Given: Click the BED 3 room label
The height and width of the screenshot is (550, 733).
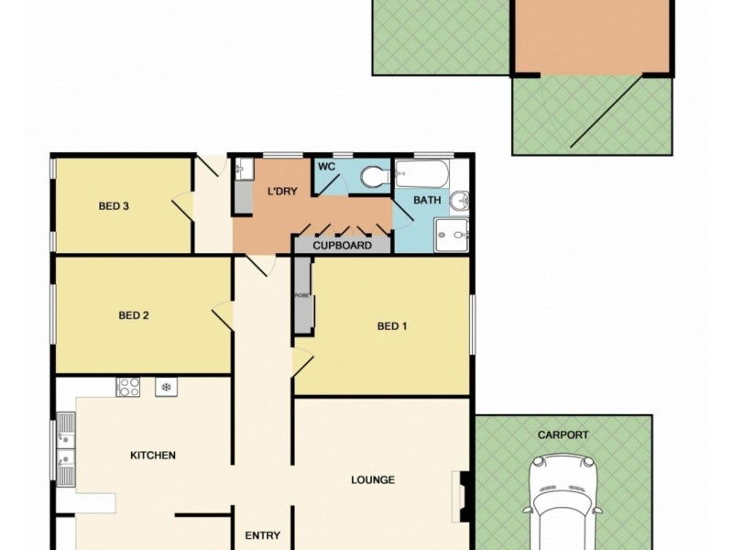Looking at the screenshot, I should [114, 206].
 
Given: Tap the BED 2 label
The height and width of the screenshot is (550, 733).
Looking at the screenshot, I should [134, 315].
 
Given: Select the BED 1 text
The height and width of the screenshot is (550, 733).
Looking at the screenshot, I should [392, 325].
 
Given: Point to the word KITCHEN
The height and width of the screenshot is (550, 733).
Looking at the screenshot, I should [153, 455].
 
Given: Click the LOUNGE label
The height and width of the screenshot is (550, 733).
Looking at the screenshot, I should [373, 479].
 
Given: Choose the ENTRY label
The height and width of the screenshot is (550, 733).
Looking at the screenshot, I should [262, 536].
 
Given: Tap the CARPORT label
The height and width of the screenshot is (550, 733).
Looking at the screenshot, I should [563, 435].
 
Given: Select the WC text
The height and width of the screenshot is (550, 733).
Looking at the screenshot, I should [326, 168].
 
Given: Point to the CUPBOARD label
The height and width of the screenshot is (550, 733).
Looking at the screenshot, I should [342, 246].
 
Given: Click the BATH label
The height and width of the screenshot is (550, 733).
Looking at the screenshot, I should [427, 200].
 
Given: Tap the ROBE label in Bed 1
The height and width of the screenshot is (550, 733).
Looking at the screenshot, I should [301, 295].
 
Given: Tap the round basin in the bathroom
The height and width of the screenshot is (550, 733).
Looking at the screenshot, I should [461, 200].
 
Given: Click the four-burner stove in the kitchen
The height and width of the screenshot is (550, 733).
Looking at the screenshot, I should [127, 387].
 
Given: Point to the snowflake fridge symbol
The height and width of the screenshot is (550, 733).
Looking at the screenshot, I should [166, 387].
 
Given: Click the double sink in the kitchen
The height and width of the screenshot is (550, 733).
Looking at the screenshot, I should [65, 449].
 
